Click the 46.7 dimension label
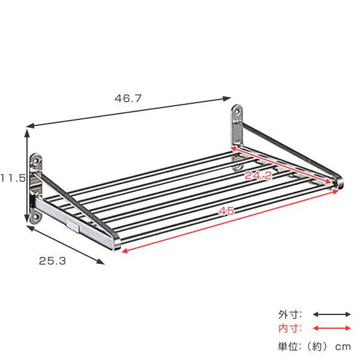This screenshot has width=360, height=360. point(128,98)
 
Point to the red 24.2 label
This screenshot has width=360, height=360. point(259,175)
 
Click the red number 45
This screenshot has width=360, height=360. point(226,211)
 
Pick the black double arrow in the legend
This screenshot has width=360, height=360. point(331,314)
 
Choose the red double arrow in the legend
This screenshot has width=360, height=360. point(331,328)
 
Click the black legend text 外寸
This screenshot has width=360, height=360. point(290,314)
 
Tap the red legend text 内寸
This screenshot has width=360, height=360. point(290,328)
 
